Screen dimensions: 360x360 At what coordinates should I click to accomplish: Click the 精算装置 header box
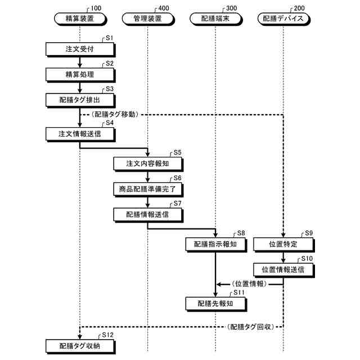pos(80,19)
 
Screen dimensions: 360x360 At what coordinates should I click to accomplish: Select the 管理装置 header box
pos(147,19)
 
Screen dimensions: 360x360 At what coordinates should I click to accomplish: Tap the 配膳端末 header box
pos(215,19)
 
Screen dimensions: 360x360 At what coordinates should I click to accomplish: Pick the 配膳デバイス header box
pos(283,19)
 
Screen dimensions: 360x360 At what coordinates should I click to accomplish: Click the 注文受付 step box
pos(80,48)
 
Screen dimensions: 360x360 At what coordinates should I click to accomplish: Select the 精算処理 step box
pos(80,74)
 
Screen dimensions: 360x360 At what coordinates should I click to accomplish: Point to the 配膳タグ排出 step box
pos(80,100)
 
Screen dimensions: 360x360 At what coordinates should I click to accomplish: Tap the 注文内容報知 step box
pos(147,163)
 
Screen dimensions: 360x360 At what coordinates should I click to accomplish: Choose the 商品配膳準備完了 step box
pos(147,188)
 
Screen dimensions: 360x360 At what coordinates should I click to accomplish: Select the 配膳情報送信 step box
pos(147,214)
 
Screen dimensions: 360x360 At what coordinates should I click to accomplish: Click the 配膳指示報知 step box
pos(215,244)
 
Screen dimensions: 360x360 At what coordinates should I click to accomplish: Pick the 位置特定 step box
pos(283,244)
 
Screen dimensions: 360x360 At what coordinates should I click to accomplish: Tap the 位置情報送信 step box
pos(283,269)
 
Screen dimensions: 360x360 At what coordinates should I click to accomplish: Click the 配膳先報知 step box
pos(215,304)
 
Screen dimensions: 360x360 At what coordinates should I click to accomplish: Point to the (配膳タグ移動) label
pos(115,114)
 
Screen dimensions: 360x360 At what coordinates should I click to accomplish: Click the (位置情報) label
pos(248,285)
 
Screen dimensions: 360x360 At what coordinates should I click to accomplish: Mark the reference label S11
pos(239,292)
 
